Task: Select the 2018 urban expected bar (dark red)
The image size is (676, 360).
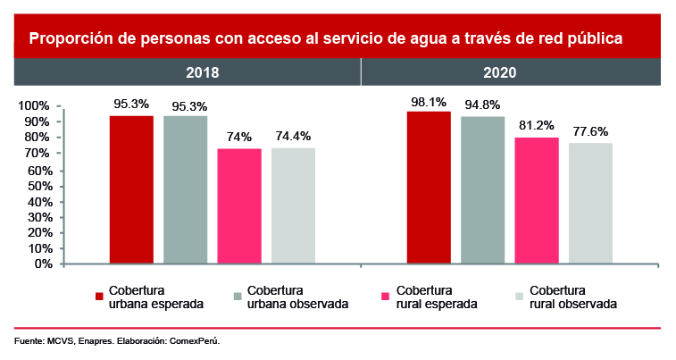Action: click(131, 189)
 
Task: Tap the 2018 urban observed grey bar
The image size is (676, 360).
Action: click(185, 189)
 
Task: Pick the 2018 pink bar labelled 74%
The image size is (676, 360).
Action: click(239, 205)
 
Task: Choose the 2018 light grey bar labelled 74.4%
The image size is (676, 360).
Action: click(293, 205)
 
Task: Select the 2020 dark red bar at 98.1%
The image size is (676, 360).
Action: click(429, 188)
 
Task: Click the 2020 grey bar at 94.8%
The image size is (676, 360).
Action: click(483, 189)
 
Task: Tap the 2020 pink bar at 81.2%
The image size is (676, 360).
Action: click(537, 200)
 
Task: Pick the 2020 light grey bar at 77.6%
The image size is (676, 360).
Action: click(590, 203)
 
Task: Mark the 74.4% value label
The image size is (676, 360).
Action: click(293, 137)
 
